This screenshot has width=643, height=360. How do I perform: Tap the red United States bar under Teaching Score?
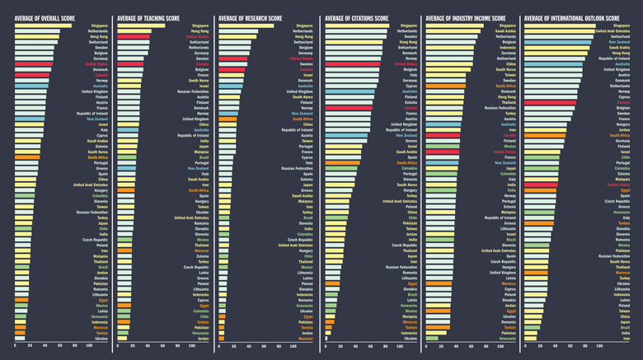[x=134, y=37]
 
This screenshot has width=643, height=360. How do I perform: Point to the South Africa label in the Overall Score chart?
[x=97, y=157]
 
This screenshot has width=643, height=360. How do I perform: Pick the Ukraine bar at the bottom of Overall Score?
[x=21, y=338]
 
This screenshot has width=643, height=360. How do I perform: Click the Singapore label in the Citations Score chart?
[x=407, y=26]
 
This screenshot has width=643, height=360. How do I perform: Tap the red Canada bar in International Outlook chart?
[x=550, y=102]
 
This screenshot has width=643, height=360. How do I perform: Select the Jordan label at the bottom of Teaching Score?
[x=203, y=339]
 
